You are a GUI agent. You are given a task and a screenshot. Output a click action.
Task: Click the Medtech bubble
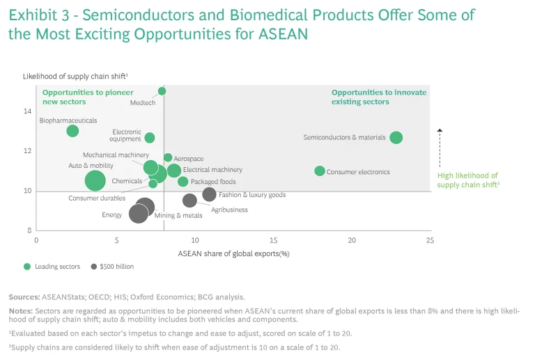click(162, 91)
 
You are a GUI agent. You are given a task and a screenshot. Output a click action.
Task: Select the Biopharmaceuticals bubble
click(72, 131)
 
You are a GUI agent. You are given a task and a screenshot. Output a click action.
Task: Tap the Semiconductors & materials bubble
click(396, 138)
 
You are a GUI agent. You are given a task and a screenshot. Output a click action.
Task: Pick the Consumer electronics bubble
click(320, 171)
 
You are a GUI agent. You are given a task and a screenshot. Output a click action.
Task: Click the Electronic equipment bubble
click(150, 138)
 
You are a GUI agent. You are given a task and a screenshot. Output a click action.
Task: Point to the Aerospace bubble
click(168, 158)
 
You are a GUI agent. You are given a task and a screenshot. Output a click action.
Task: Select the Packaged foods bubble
click(183, 182)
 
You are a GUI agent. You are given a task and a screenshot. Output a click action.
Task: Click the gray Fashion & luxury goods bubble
click(209, 194)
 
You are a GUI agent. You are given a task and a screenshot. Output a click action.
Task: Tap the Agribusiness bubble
click(189, 201)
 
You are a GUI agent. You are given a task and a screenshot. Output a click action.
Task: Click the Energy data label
click(112, 215)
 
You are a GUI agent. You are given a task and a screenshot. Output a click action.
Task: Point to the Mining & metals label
click(178, 216)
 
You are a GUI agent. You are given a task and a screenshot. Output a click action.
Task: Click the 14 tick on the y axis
click(27, 111)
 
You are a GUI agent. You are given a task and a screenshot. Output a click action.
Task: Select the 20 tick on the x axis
click(352, 240)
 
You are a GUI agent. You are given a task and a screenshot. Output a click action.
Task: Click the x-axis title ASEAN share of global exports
click(233, 253)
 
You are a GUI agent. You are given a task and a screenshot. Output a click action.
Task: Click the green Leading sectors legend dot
click(27, 267)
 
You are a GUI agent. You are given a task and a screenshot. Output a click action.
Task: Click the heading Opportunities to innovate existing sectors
click(379, 97)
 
